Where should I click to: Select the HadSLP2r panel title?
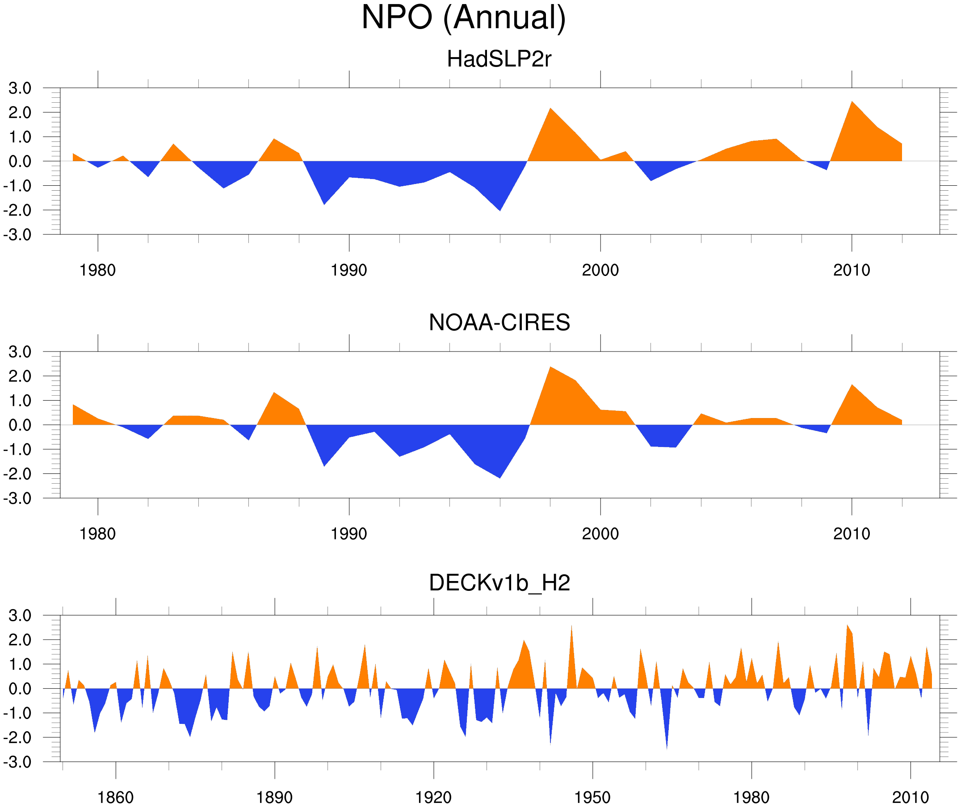tap(499, 59)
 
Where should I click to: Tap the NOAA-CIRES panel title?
tap(499, 322)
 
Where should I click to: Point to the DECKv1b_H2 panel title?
tap(499, 583)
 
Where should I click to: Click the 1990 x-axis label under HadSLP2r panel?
tap(349, 270)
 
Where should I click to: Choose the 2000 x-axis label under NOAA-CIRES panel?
tap(600, 534)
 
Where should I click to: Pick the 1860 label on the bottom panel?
tap(115, 797)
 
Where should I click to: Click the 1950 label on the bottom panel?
tap(592, 797)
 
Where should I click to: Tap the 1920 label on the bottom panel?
tap(433, 797)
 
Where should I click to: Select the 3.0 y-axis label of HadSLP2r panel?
tap(20, 88)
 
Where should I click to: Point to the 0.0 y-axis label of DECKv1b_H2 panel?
tap(20, 689)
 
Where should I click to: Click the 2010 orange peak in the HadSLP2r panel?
tap(852, 103)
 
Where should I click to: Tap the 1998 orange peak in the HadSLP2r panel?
tap(550, 110)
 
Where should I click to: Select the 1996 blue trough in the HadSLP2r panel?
tap(500, 209)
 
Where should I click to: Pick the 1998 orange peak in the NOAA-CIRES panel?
tap(550, 369)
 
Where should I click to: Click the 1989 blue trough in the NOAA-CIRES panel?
tap(324, 464)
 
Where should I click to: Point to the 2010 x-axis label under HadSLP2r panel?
tap(851, 270)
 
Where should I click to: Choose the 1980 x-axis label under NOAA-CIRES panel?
tap(97, 534)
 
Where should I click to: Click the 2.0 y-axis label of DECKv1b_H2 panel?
tap(20, 640)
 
